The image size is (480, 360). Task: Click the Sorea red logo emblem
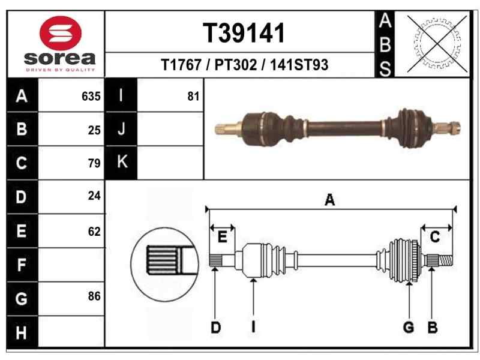pyautogui.click(x=59, y=33)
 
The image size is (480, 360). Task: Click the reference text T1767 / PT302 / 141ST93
pyautogui.click(x=245, y=65)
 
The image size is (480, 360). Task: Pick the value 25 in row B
pyautogui.click(x=94, y=130)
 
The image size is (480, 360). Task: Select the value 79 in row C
pyautogui.click(x=94, y=163)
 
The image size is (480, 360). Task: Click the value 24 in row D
pyautogui.click(x=94, y=196)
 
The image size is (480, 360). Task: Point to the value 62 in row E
pyautogui.click(x=94, y=232)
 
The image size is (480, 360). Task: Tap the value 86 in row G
pyautogui.click(x=94, y=296)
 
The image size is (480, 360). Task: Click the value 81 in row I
pyautogui.click(x=193, y=96)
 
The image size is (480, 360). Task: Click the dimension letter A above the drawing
pyautogui.click(x=329, y=201)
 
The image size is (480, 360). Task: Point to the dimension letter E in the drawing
pyautogui.click(x=222, y=238)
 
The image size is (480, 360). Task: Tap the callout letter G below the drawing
pyautogui.click(x=409, y=327)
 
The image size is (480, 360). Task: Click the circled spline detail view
pyautogui.click(x=164, y=260)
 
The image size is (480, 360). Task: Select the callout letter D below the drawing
pyautogui.click(x=215, y=327)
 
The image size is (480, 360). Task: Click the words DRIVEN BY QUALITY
pyautogui.click(x=59, y=70)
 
